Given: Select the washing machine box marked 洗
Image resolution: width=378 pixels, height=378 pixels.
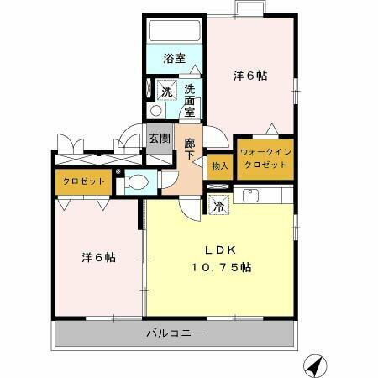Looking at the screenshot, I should [x=165, y=91].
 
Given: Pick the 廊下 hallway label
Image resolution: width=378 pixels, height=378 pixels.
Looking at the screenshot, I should [x=190, y=149].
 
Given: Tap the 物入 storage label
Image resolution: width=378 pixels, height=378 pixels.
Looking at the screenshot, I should [x=219, y=166].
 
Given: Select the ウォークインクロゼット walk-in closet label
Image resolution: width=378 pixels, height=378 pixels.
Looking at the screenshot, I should [x=265, y=159].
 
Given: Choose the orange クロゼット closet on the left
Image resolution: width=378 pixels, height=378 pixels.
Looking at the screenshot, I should [x=83, y=181].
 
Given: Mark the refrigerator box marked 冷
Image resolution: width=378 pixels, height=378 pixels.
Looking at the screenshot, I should [x=218, y=205].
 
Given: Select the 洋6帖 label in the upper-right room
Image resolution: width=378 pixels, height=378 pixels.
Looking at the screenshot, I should [x=250, y=75].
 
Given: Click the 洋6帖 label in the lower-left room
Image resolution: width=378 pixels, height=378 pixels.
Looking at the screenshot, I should [x=99, y=256].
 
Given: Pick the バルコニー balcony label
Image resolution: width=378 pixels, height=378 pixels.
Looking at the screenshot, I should [x=175, y=333].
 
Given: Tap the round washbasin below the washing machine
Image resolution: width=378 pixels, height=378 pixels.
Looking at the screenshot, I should [x=155, y=113].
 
